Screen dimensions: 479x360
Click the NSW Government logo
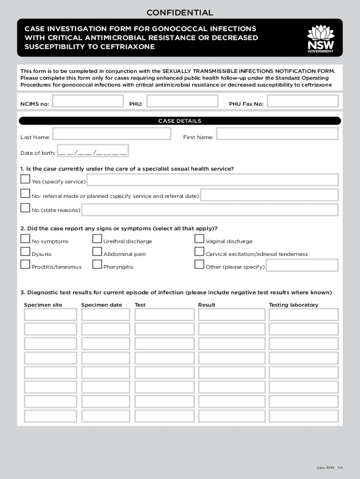[320, 39]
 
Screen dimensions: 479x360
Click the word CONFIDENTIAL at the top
[180, 13]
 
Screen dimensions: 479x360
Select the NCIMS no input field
[88, 102]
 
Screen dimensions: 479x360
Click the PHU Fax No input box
[303, 102]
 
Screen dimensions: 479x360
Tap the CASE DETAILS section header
[180, 121]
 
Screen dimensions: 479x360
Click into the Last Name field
[111, 134]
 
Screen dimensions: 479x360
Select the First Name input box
[277, 134]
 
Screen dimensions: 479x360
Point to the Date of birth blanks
[93, 153]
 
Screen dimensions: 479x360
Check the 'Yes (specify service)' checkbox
[25, 180]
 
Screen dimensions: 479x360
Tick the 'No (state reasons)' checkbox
[25, 208]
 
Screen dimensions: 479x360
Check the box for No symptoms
[25, 239]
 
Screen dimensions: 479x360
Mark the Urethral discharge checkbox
[97, 239]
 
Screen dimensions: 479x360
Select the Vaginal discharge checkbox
[199, 239]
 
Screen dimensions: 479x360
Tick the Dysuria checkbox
[25, 252]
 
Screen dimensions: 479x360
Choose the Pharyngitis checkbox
[97, 265]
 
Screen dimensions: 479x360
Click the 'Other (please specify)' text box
[302, 266]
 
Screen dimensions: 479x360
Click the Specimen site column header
[43, 305]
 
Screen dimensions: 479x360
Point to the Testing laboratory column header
[293, 305]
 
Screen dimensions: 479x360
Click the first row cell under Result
[230, 315]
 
